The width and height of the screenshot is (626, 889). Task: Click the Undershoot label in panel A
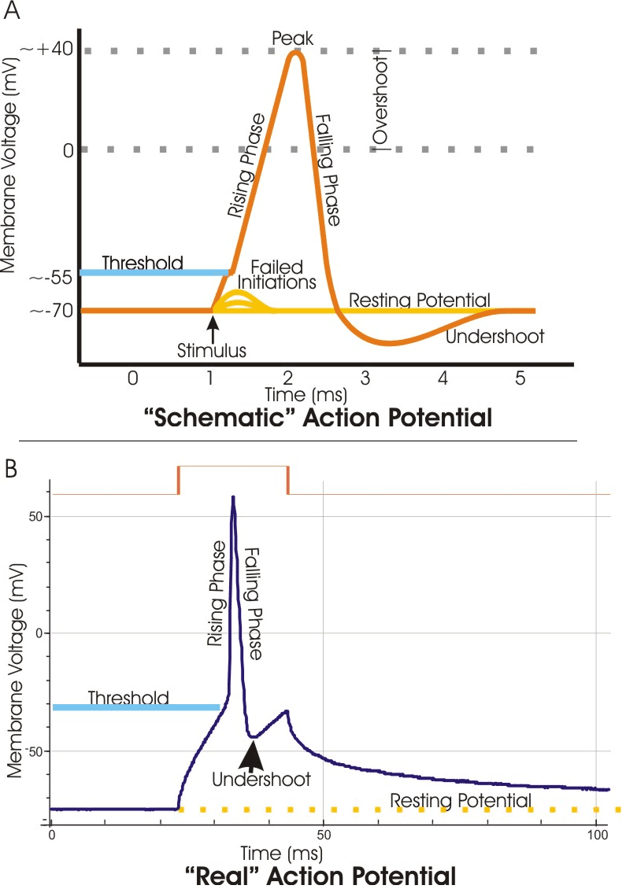tap(495, 337)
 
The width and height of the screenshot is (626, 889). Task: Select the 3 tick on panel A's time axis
tap(365, 378)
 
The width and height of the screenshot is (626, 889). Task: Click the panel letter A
tap(12, 12)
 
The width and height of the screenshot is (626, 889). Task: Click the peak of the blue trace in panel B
tap(233, 498)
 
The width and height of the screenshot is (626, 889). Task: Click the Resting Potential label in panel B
tap(460, 801)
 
